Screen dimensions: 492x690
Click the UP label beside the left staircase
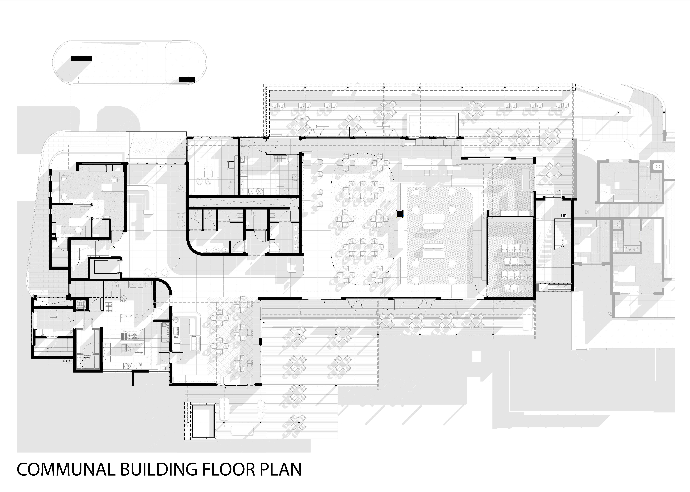click(x=112, y=248)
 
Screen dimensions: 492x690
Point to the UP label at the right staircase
click(x=563, y=216)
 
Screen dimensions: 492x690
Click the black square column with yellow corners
click(x=400, y=214)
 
